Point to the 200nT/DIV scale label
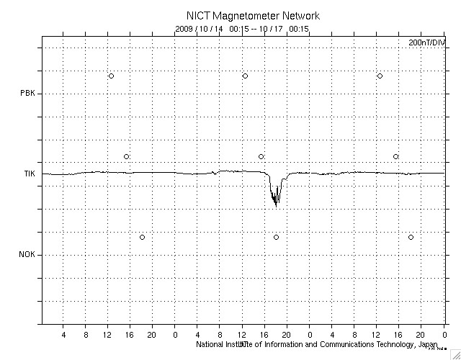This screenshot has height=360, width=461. (426, 43)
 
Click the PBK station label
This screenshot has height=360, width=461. (28, 93)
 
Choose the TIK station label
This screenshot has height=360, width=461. (28, 174)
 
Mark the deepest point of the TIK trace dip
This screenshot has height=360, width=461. (276, 207)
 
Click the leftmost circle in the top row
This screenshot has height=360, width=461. (111, 76)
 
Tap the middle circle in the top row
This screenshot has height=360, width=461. (245, 76)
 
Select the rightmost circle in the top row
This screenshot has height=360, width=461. (380, 76)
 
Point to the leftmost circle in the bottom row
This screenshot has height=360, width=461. (142, 237)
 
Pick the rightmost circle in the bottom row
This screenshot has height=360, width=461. (411, 237)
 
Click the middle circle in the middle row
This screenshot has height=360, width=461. (261, 156)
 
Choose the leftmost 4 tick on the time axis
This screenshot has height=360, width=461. (63, 336)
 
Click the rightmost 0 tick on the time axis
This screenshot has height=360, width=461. (444, 336)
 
